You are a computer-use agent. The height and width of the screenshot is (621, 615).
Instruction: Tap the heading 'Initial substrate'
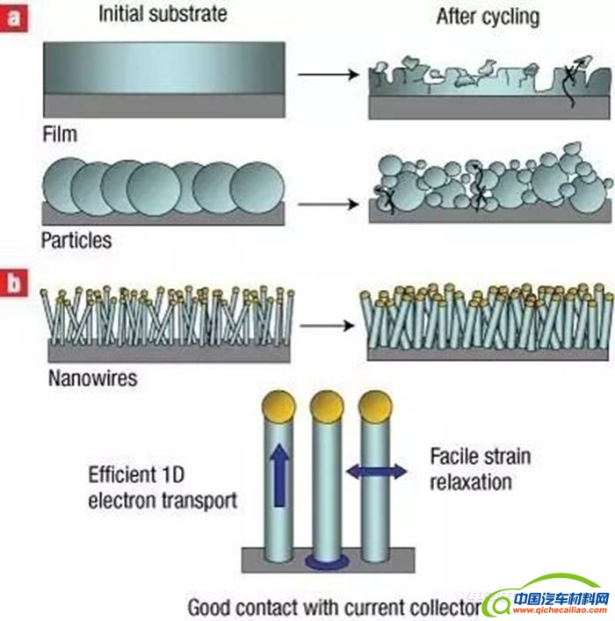tap(163, 14)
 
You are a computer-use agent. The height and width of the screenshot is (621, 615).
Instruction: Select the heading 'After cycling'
tap(487, 16)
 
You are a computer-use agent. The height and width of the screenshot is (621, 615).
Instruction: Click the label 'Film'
tap(60, 134)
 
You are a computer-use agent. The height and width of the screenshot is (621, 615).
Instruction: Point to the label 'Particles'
tap(76, 238)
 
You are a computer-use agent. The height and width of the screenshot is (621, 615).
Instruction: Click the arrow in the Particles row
tap(325, 206)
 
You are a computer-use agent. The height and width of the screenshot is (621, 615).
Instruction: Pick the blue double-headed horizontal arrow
tap(377, 472)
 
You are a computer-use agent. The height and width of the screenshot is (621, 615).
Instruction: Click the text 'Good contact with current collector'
tap(334, 607)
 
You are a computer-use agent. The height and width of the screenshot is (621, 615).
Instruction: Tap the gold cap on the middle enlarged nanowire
tap(327, 406)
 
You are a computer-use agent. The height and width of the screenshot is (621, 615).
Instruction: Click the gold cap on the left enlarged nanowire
tap(277, 408)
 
